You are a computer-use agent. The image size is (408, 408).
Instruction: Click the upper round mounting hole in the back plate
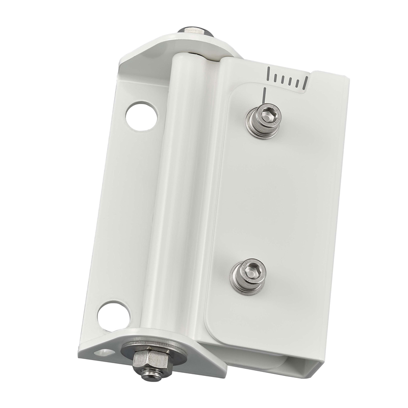pos(141,116)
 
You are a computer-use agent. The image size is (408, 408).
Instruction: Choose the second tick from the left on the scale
pos(278,78)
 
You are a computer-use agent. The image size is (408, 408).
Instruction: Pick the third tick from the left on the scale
pos(287,80)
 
